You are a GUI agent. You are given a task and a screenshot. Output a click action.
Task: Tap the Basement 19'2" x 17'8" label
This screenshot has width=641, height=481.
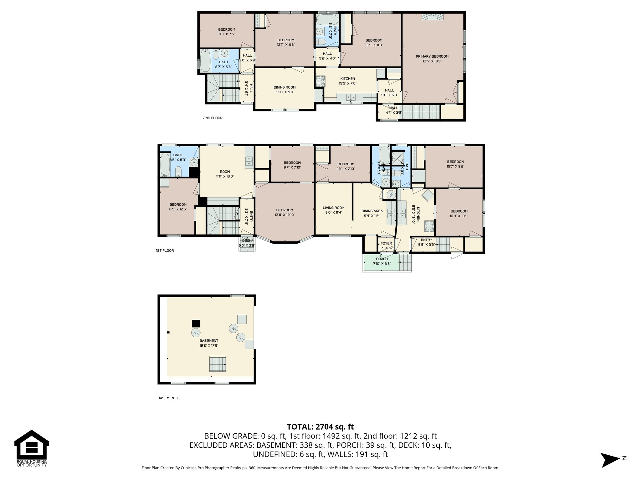[x=209, y=343]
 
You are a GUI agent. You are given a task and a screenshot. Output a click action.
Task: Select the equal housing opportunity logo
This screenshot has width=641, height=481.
[x=32, y=448]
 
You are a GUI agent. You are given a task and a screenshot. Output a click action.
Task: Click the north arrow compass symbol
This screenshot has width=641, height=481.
[x=610, y=460]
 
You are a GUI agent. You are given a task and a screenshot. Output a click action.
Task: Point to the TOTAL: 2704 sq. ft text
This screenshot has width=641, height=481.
[x=320, y=427]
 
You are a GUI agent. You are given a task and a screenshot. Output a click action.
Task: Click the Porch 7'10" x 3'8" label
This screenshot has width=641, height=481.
[x=382, y=261]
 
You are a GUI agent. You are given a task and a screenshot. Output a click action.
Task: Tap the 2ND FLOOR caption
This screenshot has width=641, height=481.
[x=213, y=118]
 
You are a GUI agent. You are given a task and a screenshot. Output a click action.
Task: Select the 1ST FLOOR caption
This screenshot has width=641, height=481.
[x=165, y=251]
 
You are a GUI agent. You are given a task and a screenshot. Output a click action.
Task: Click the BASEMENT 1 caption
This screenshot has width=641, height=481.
[x=167, y=398]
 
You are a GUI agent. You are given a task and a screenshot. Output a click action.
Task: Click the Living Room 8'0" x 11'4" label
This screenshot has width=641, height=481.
[x=334, y=210]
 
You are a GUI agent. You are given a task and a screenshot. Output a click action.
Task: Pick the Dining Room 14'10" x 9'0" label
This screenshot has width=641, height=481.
[x=285, y=90]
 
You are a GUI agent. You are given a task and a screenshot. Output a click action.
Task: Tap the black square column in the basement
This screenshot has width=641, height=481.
[x=196, y=323]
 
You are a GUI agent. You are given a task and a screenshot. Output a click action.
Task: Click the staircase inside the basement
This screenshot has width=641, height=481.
[x=218, y=364]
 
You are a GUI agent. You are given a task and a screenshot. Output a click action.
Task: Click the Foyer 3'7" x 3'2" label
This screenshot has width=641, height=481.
[x=386, y=246]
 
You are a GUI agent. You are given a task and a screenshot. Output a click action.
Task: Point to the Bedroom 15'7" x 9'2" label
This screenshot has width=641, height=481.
[x=455, y=164]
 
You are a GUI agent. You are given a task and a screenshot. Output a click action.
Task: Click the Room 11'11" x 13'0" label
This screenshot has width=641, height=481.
[x=225, y=174]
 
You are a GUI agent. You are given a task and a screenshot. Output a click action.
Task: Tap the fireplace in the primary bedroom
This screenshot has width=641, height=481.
[x=432, y=17]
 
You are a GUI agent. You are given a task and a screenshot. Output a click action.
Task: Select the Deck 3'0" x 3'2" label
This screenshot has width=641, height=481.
[x=247, y=243]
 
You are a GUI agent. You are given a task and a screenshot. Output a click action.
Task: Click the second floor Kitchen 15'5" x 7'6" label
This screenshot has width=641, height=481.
[x=347, y=81]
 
